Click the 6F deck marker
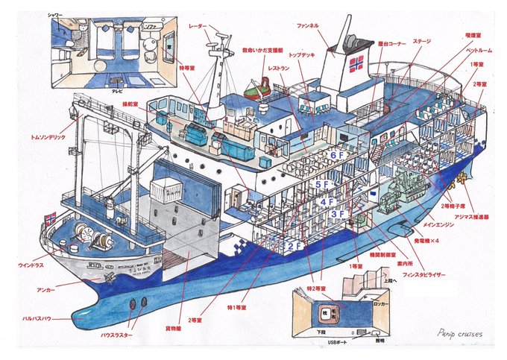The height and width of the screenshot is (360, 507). coord(335,156)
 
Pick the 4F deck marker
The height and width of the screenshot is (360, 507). coord(327,201)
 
